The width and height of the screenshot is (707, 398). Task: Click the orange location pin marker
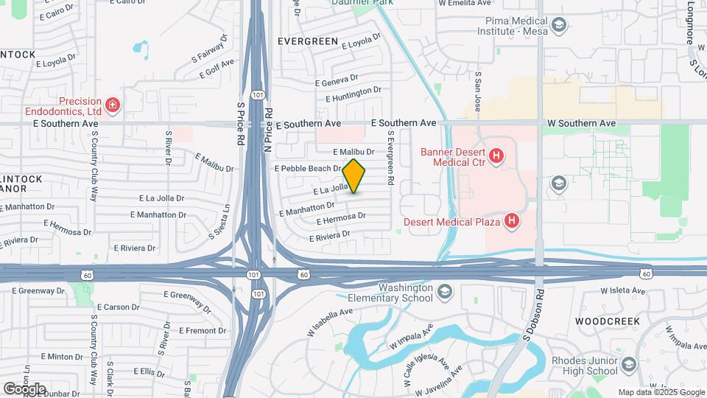click(x=353, y=175)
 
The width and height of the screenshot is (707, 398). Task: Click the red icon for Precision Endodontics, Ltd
click(x=112, y=106)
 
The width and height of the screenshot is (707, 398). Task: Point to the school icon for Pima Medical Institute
click(x=559, y=27)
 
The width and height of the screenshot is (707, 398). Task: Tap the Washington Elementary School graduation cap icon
click(x=444, y=293)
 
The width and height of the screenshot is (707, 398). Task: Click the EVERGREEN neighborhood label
click(x=307, y=41)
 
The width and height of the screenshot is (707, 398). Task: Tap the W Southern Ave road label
click(x=581, y=123)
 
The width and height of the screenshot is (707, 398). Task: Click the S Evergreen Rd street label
click(x=391, y=158)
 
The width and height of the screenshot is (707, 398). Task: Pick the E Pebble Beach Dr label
click(x=307, y=169)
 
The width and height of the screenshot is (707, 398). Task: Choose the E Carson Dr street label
click(x=117, y=307)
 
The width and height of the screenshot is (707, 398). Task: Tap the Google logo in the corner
click(x=24, y=388)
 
